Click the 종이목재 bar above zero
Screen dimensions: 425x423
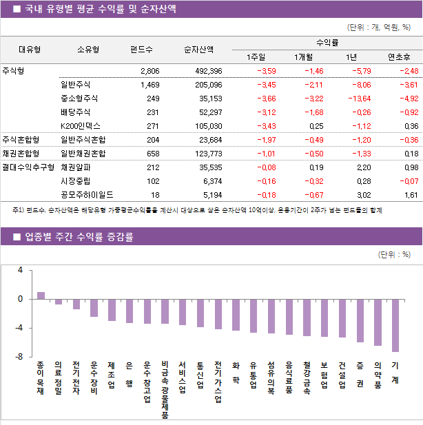(x=41, y=296)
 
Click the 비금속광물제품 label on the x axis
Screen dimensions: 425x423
(x=165, y=389)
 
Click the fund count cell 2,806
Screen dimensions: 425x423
(x=149, y=71)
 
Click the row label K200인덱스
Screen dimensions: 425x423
(x=80, y=126)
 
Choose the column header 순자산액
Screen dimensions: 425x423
(x=198, y=50)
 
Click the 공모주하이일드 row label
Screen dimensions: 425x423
(x=87, y=195)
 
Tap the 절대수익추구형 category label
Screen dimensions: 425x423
(x=28, y=167)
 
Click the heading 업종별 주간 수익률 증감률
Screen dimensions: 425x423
(x=80, y=237)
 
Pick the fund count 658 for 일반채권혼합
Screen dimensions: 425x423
(x=152, y=154)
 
